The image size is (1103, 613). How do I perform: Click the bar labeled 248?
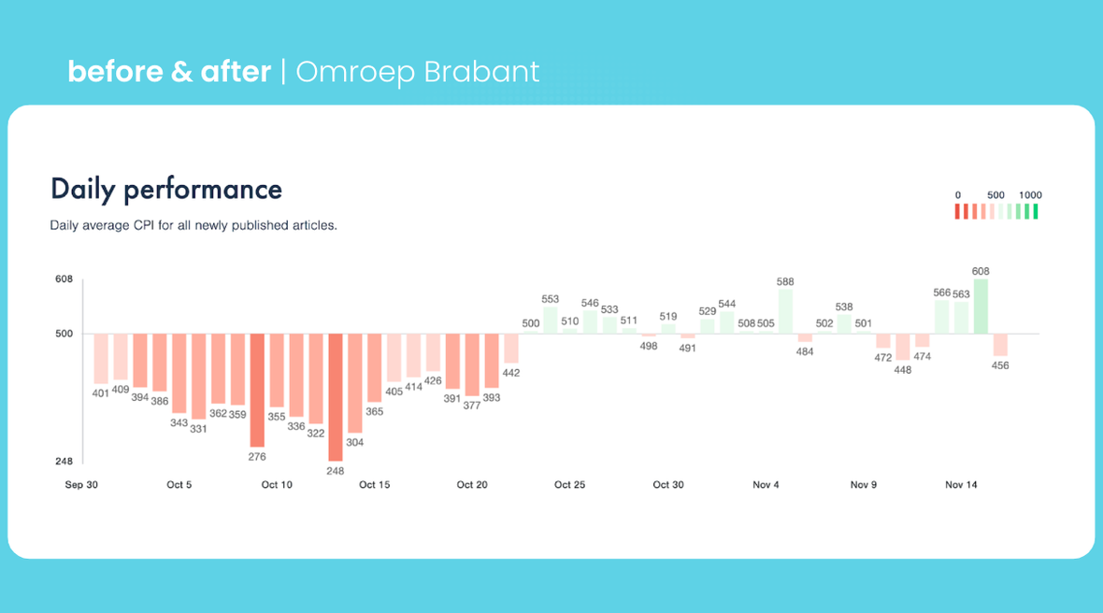336,396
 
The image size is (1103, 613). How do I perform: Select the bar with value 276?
257,390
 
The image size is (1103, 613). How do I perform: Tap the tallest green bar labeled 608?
981,306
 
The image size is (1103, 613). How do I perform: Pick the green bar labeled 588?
785,311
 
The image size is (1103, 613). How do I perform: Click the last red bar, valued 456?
1000,345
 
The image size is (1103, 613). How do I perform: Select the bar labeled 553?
550,320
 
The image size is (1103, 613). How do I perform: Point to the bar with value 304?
355,382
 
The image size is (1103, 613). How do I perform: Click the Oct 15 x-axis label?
374,485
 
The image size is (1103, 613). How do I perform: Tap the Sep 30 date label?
80,485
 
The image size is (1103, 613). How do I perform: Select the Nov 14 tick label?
961,485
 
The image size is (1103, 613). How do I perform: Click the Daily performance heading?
166,190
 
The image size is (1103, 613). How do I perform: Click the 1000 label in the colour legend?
1030,195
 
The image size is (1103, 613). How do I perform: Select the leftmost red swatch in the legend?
956,212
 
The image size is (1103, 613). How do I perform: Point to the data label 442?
510,373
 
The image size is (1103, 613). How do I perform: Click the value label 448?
902,370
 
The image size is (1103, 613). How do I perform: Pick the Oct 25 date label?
569,485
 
